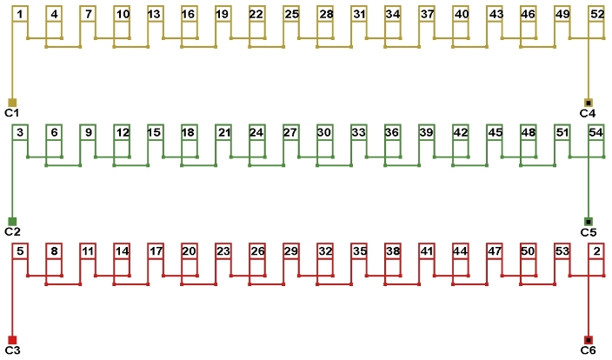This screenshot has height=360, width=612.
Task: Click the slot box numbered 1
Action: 20,14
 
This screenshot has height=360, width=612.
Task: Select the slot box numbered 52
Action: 597,14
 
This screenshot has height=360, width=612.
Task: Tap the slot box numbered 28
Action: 325,14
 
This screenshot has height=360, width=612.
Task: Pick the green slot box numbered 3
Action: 20,132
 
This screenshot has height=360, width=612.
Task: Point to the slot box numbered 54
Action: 597,132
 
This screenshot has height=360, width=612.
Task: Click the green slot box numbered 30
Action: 325,132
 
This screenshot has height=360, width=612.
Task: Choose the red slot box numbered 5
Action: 20,251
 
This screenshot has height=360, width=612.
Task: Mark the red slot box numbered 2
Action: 597,251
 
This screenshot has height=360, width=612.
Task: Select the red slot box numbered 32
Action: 325,251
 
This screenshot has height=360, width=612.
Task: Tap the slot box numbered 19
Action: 223,14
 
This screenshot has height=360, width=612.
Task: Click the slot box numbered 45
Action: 496,132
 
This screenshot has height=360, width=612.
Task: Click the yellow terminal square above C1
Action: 12,103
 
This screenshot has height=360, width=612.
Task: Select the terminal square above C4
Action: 589,103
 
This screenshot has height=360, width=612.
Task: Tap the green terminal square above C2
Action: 12,222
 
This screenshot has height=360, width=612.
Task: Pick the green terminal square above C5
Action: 589,222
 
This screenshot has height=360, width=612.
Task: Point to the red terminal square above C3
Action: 12,340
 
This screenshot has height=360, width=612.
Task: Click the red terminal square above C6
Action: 589,340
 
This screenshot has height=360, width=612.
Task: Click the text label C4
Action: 589,113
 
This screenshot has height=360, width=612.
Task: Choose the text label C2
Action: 12,232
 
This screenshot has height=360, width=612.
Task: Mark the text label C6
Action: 589,350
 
